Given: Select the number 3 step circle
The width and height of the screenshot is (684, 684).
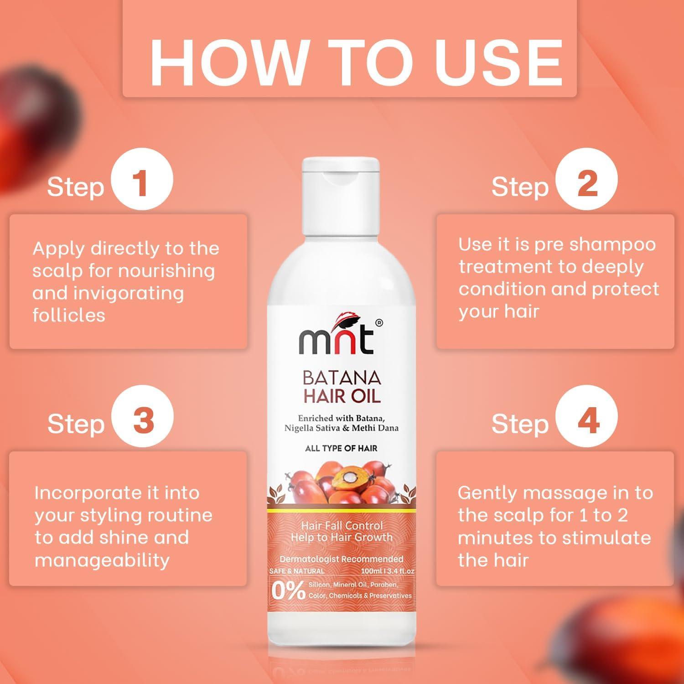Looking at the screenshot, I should point(142,420).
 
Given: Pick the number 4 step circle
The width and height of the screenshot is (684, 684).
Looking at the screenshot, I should point(587,420).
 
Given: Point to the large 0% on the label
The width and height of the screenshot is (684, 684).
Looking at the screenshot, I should point(288,591).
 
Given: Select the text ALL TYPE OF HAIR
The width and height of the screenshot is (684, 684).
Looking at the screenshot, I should point(341,448).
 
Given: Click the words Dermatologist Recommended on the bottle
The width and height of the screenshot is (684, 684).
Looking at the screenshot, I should point(341,559).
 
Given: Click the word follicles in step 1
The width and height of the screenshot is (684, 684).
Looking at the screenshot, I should point(68,315).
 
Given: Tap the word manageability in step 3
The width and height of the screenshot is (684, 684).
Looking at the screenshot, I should point(102,560).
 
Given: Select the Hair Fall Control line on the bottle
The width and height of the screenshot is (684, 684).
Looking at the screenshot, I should point(342,525).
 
